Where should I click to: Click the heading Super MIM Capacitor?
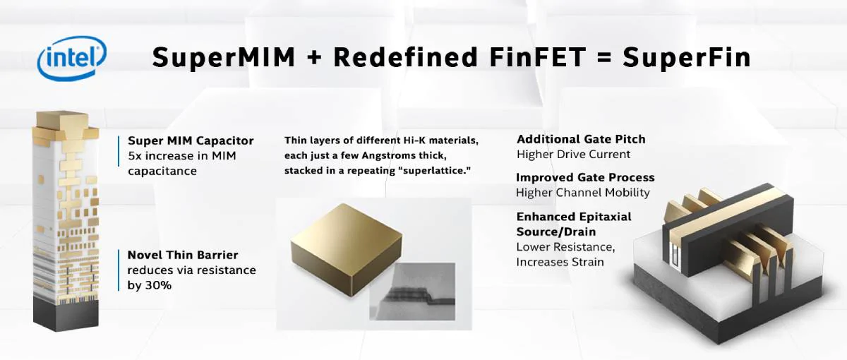coord(191,140)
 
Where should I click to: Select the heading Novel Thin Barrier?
coord(183,255)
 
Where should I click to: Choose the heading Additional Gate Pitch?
coord(581,139)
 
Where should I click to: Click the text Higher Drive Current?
coord(573,154)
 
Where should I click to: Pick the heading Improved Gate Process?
coord(585,177)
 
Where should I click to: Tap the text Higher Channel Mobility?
coord(582,192)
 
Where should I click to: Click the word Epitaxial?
coord(599,216)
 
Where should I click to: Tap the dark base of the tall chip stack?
coord(61,313)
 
